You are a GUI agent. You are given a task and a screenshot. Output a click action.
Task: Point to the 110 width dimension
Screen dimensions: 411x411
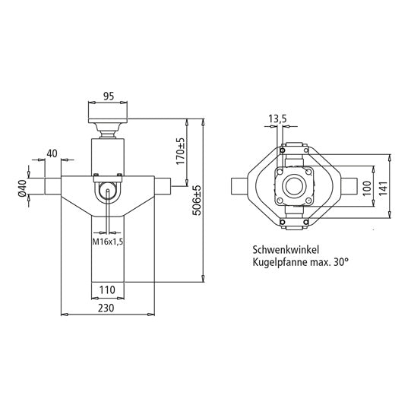coord(107,289)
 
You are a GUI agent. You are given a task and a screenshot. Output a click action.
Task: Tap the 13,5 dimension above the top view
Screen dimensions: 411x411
coord(277,119)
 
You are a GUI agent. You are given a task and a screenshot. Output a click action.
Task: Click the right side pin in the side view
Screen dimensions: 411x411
coord(163,185)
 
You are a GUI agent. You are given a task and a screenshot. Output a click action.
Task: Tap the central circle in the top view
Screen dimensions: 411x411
coord(294,186)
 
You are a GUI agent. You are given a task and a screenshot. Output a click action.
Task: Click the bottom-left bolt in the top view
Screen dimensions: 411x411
coord(281,223)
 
